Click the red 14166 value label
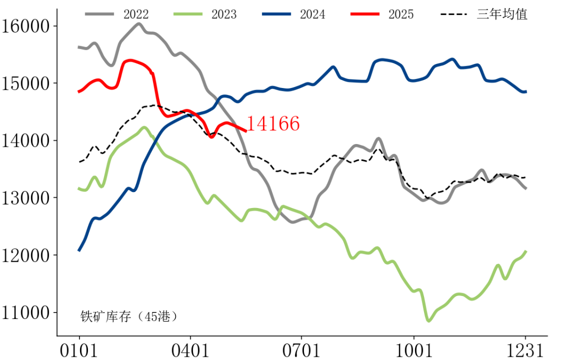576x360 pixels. click(273, 124)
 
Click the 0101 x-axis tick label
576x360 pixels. click(79, 350)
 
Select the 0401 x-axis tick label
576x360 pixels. click(190, 350)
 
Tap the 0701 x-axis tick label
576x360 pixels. click(302, 350)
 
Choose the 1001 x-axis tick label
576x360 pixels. click(414, 350)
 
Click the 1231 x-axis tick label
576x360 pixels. click(525, 350)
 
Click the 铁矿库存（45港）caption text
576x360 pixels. click(129, 316)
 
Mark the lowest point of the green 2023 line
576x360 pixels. click(428, 321)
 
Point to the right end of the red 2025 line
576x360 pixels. click(245, 130)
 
